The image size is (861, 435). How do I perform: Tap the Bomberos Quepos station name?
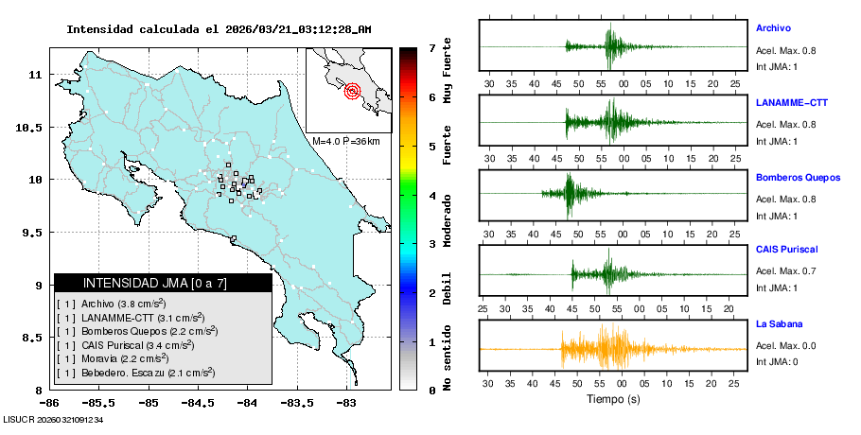(798, 176)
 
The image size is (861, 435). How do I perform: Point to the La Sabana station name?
(778, 324)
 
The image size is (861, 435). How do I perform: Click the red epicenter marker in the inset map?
(352, 91)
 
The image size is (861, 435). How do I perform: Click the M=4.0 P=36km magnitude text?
(345, 141)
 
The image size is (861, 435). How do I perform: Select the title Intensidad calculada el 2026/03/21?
(219, 29)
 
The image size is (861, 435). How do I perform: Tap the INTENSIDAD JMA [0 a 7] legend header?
(163, 283)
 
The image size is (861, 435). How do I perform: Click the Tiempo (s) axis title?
(612, 399)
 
